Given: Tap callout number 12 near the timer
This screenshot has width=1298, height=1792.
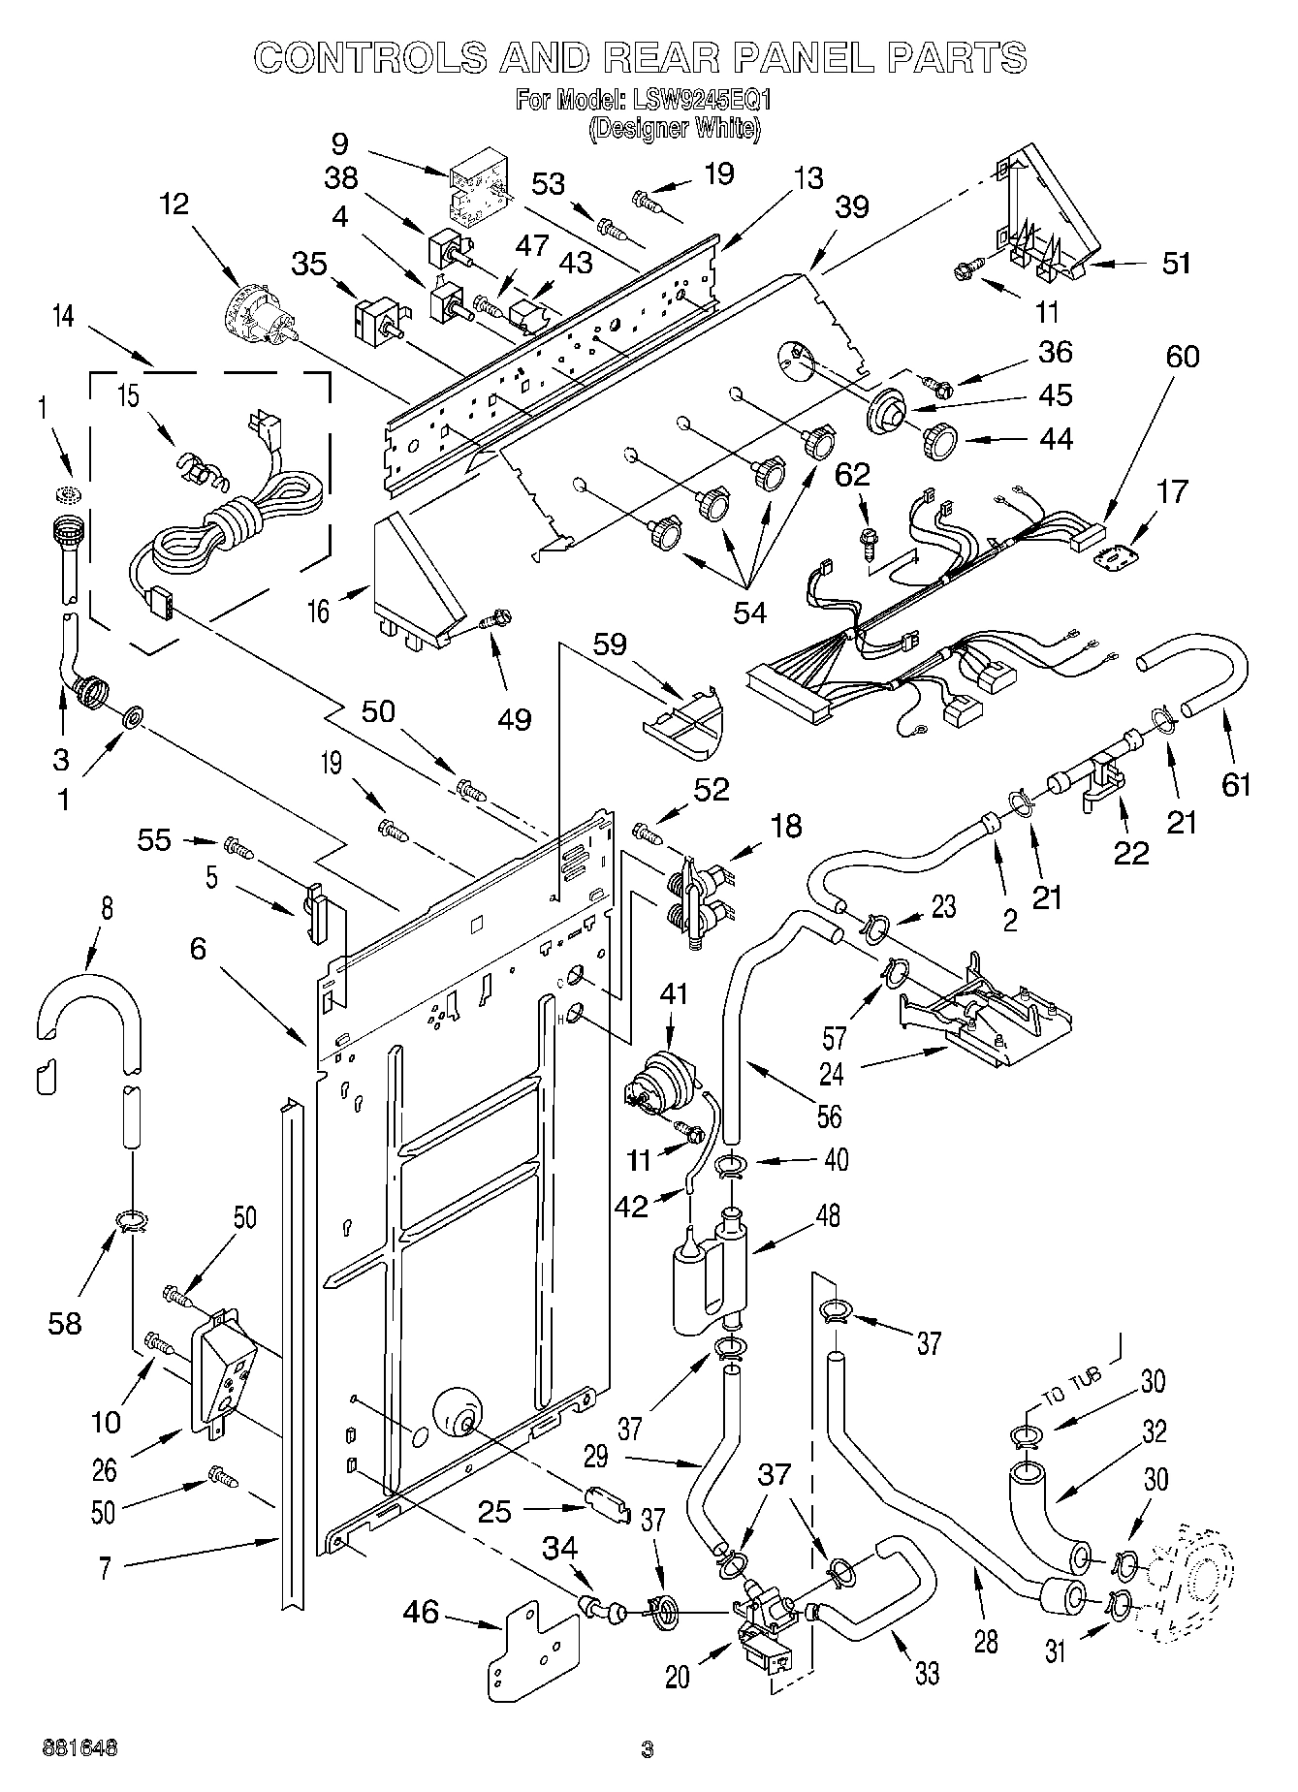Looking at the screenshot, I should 175,205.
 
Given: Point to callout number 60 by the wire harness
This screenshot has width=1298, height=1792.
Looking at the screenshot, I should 1182,357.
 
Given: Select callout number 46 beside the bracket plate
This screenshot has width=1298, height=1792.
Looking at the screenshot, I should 422,1612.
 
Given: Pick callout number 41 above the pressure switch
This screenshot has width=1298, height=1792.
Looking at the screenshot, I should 673,992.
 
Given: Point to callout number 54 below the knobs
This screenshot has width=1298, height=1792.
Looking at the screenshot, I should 750,612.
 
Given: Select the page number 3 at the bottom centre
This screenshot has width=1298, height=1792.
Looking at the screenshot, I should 648,1749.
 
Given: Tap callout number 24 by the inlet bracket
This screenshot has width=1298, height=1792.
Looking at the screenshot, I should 832,1074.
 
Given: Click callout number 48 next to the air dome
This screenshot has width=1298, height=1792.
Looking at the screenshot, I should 828,1215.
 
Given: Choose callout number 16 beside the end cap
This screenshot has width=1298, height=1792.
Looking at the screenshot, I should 319,611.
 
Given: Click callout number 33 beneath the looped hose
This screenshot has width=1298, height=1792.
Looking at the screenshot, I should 927,1674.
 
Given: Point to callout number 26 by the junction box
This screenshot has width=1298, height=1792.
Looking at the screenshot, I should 104,1470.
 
